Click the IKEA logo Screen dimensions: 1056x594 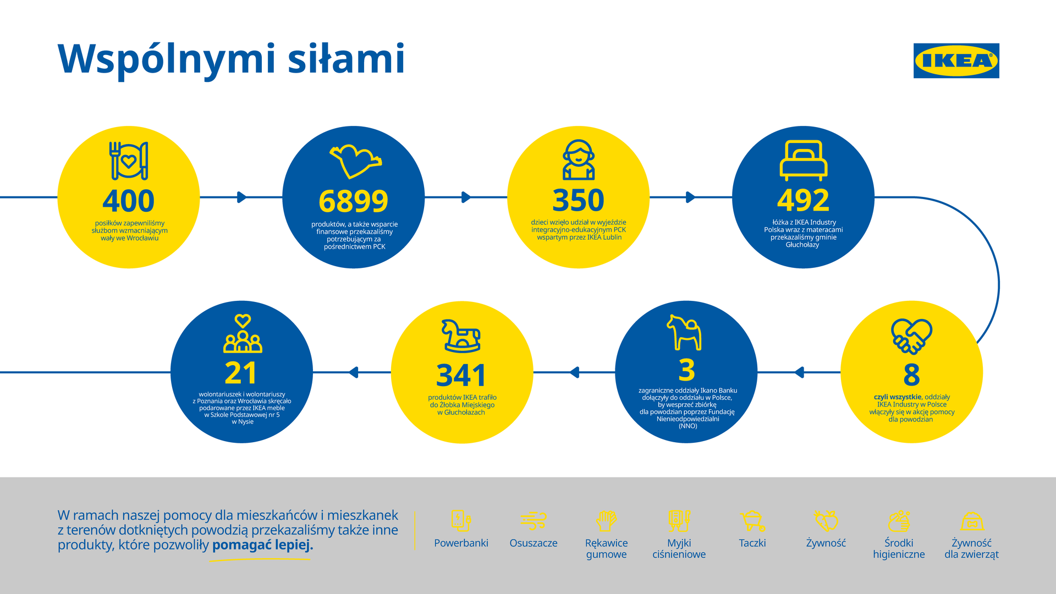tap(956, 61)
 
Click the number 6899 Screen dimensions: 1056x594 tap(353, 201)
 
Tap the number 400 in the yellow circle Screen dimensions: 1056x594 tap(128, 201)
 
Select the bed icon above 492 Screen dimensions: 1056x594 tap(803, 160)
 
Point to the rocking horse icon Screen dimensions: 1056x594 tap(461, 335)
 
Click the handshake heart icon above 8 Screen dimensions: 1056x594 tap(911, 336)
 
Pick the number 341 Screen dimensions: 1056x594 tap(461, 376)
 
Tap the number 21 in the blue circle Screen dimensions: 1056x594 tap(241, 373)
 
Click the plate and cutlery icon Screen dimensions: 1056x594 tap(129, 161)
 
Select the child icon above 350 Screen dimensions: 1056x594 tap(578, 159)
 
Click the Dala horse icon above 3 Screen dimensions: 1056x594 tap(685, 332)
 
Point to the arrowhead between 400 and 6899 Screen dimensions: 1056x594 tap(241, 197)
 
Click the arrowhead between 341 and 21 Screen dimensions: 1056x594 tap(354, 372)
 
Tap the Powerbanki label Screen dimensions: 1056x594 tap(461, 543)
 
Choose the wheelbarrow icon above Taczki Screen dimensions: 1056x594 tap(752, 521)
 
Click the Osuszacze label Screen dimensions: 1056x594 tap(533, 543)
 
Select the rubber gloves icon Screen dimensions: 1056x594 tap(606, 520)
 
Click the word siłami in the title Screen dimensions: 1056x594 tap(346, 58)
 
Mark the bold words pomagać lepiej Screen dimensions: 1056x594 tap(262, 545)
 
